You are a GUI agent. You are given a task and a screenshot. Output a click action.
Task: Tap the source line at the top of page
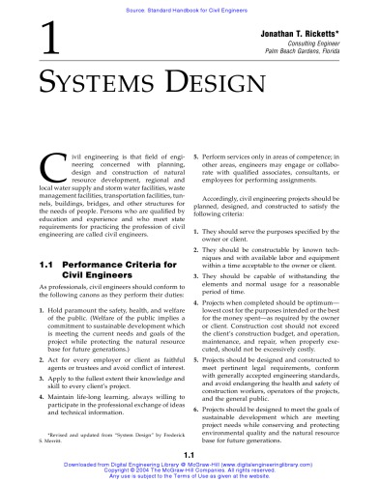[x=190, y=6]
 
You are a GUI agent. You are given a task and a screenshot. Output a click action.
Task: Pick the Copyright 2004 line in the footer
[x=190, y=470]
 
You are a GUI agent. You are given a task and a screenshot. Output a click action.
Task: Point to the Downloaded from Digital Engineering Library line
[x=190, y=464]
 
